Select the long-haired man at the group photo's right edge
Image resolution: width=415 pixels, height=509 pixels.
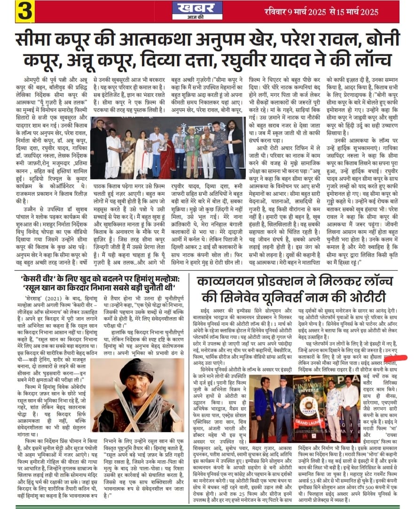234,146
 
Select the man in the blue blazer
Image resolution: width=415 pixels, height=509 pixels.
264,410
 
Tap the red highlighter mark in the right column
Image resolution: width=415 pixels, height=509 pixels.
398,357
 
